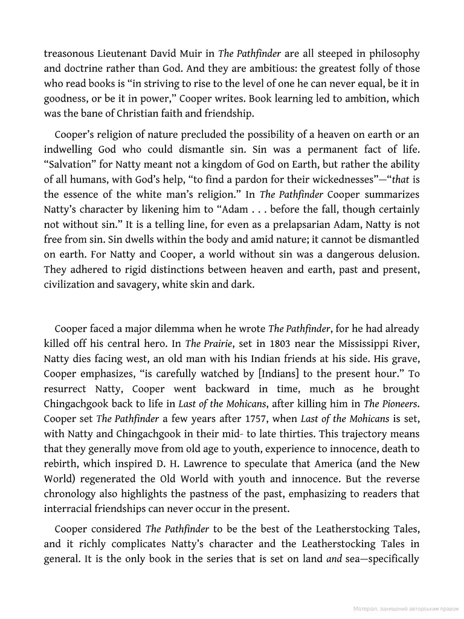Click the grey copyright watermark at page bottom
coord(406,609)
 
